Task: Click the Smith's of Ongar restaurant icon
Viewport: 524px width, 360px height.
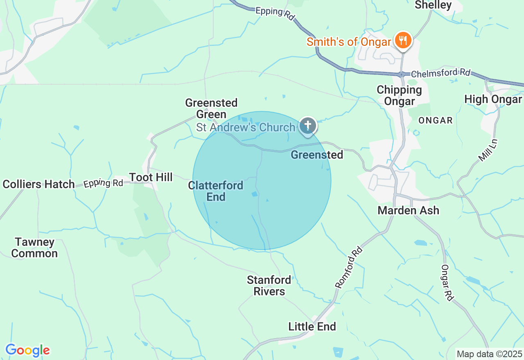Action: tap(403, 41)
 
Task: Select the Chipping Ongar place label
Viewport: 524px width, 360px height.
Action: tap(399, 95)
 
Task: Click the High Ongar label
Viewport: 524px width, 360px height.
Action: tap(493, 99)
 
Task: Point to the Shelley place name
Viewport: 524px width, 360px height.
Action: tap(433, 5)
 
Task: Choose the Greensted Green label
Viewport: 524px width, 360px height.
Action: tap(211, 108)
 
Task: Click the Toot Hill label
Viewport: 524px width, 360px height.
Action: tap(151, 177)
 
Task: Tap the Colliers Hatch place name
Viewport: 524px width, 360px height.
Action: tap(39, 184)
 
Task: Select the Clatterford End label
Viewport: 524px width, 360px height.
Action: tap(216, 191)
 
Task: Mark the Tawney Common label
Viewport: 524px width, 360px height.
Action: tap(34, 248)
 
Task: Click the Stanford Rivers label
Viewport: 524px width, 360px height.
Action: tap(269, 286)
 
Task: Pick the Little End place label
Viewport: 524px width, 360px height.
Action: tap(312, 326)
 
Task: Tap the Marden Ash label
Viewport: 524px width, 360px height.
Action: tap(408, 210)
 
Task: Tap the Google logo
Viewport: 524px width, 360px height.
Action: tap(27, 351)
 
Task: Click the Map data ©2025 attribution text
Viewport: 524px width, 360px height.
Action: tap(489, 354)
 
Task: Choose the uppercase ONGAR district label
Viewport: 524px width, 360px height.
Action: tap(436, 120)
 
